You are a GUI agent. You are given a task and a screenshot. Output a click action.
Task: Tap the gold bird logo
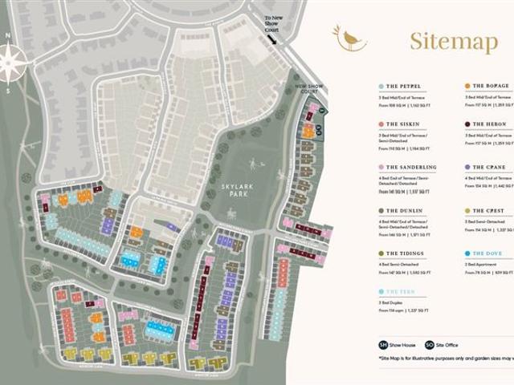[x=351, y=38]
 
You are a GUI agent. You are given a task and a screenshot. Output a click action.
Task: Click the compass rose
[x=11, y=62]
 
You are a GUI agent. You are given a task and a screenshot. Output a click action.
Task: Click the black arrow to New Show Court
[x=272, y=38]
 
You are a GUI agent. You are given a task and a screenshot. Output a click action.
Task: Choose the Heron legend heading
[x=490, y=124]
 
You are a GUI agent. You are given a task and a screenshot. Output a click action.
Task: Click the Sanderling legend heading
[x=410, y=168]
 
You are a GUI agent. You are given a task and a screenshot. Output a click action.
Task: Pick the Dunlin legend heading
[x=403, y=210]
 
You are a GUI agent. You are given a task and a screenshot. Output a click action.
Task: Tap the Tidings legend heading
[x=405, y=253]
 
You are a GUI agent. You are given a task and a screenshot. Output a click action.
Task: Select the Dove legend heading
[x=487, y=253]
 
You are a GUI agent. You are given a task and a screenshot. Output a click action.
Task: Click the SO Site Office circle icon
[x=430, y=346]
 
